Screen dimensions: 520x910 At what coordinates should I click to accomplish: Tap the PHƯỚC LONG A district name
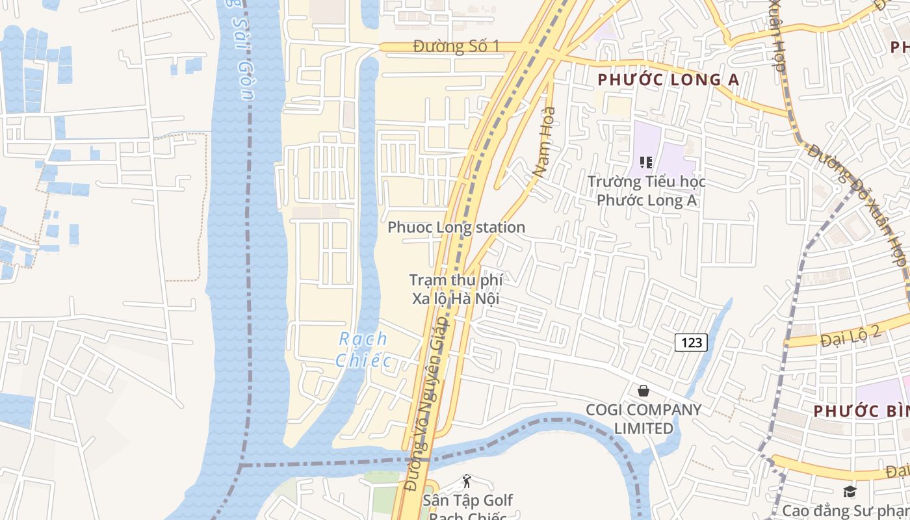668,80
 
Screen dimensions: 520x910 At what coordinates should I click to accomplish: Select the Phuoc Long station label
456,227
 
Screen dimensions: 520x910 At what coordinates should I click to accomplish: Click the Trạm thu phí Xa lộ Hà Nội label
456,290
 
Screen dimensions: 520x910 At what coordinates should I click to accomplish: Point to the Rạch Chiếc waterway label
363,350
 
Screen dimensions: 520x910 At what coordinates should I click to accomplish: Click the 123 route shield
690,342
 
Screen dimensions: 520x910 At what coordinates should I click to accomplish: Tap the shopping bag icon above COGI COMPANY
643,391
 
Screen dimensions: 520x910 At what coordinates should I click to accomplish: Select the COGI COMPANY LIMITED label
643,419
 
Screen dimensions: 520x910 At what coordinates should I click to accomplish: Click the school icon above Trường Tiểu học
646,162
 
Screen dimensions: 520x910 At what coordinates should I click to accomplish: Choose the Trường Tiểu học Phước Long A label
647,191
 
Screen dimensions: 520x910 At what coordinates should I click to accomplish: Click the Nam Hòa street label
544,142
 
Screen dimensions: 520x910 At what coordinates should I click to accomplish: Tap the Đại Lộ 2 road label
850,336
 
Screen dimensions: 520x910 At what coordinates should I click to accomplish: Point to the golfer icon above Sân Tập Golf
466,482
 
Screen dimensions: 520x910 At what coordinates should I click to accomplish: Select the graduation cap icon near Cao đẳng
850,491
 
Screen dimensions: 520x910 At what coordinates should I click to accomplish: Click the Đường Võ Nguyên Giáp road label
426,403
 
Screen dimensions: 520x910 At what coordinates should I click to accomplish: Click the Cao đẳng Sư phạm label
846,510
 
